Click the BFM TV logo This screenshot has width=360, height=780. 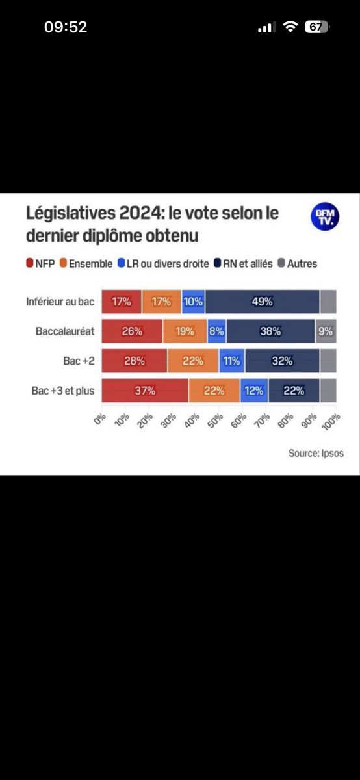[x=325, y=216]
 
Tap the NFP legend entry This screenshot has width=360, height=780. [x=40, y=264]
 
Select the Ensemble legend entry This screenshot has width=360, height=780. [x=86, y=264]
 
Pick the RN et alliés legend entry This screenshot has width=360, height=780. [x=243, y=264]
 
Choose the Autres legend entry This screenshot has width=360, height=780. [x=298, y=264]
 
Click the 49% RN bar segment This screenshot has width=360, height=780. [x=262, y=302]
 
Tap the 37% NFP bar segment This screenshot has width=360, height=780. [x=145, y=391]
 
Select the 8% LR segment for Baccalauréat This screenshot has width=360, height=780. [x=216, y=331]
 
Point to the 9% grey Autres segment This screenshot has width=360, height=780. [x=326, y=331]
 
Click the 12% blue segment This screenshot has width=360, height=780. [x=254, y=391]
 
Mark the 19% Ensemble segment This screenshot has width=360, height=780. [x=185, y=331]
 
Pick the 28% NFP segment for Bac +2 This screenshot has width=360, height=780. [x=135, y=361]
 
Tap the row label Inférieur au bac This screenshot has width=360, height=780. [x=60, y=302]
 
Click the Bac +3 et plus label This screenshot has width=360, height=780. [x=63, y=391]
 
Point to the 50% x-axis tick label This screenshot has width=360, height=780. [x=215, y=421]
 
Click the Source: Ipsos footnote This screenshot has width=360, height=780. [x=316, y=454]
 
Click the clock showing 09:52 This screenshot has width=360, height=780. [x=66, y=27]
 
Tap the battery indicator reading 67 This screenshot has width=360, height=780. [x=317, y=27]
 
